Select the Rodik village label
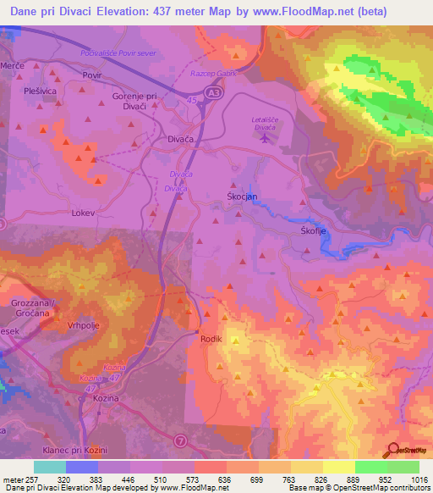coord(211,339)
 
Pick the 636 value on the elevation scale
coord(223,479)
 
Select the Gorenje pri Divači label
coord(135,101)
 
